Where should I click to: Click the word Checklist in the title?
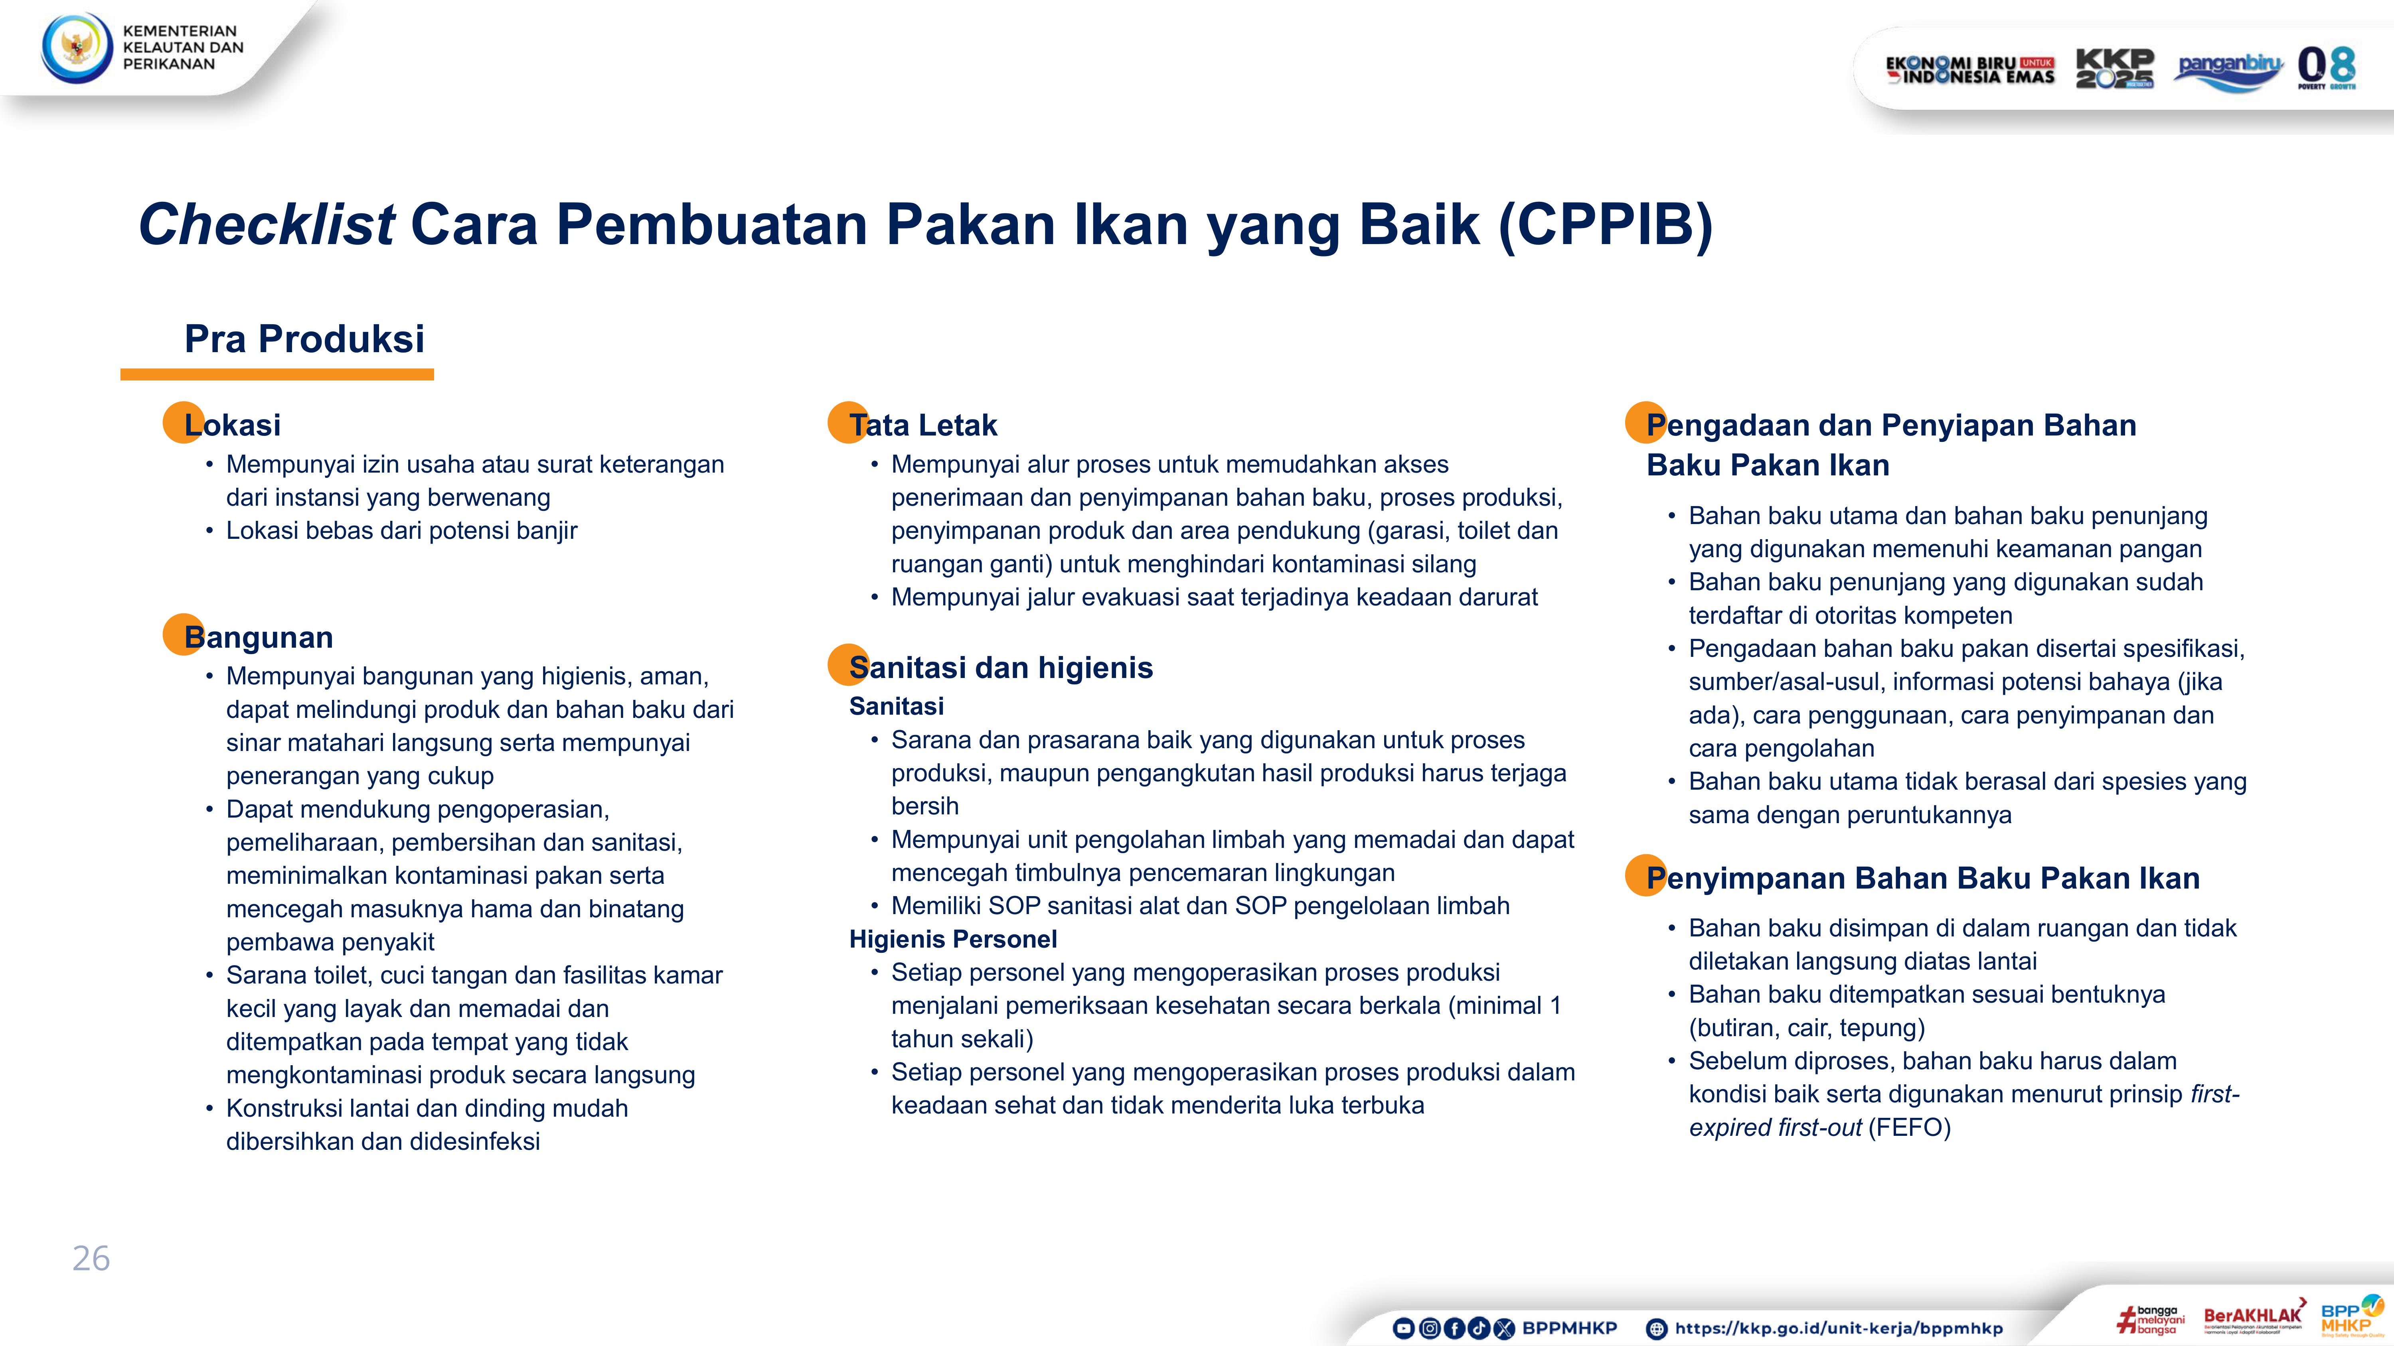[267, 225]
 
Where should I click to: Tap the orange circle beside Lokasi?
[183, 423]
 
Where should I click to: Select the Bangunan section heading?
[259, 637]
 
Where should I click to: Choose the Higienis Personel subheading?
[952, 939]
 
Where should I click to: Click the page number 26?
[91, 1259]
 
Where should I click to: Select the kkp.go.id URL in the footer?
[1838, 1328]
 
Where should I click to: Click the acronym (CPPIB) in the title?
[1605, 225]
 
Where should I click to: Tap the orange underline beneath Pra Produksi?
[277, 374]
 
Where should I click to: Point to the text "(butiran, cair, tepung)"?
[1807, 1027]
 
